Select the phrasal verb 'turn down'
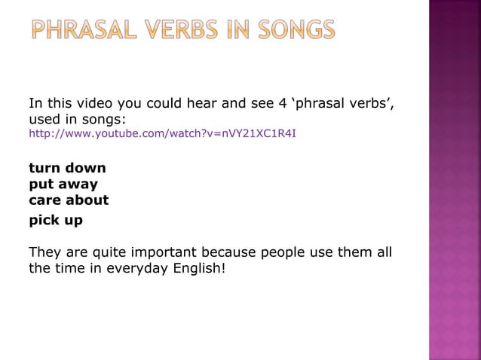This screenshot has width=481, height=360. (x=67, y=168)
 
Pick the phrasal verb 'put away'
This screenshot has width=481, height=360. (x=63, y=184)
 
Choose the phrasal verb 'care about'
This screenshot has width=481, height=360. (x=69, y=200)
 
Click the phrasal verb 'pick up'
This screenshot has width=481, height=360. (x=56, y=221)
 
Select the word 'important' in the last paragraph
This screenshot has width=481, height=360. (x=168, y=252)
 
